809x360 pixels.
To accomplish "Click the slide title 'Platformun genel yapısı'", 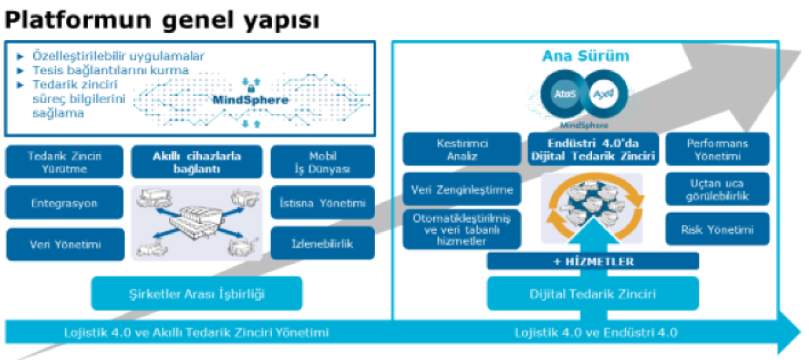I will [x=162, y=18].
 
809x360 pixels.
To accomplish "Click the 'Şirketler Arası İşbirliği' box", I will [x=196, y=294].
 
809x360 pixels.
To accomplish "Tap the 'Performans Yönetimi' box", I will [x=718, y=148].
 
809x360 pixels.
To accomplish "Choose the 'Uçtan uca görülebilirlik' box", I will [x=718, y=189].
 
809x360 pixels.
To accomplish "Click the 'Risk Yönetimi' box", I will [x=718, y=229].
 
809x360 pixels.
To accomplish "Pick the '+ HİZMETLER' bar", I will [x=593, y=261].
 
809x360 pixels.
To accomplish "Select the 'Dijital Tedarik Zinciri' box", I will [x=593, y=295].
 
